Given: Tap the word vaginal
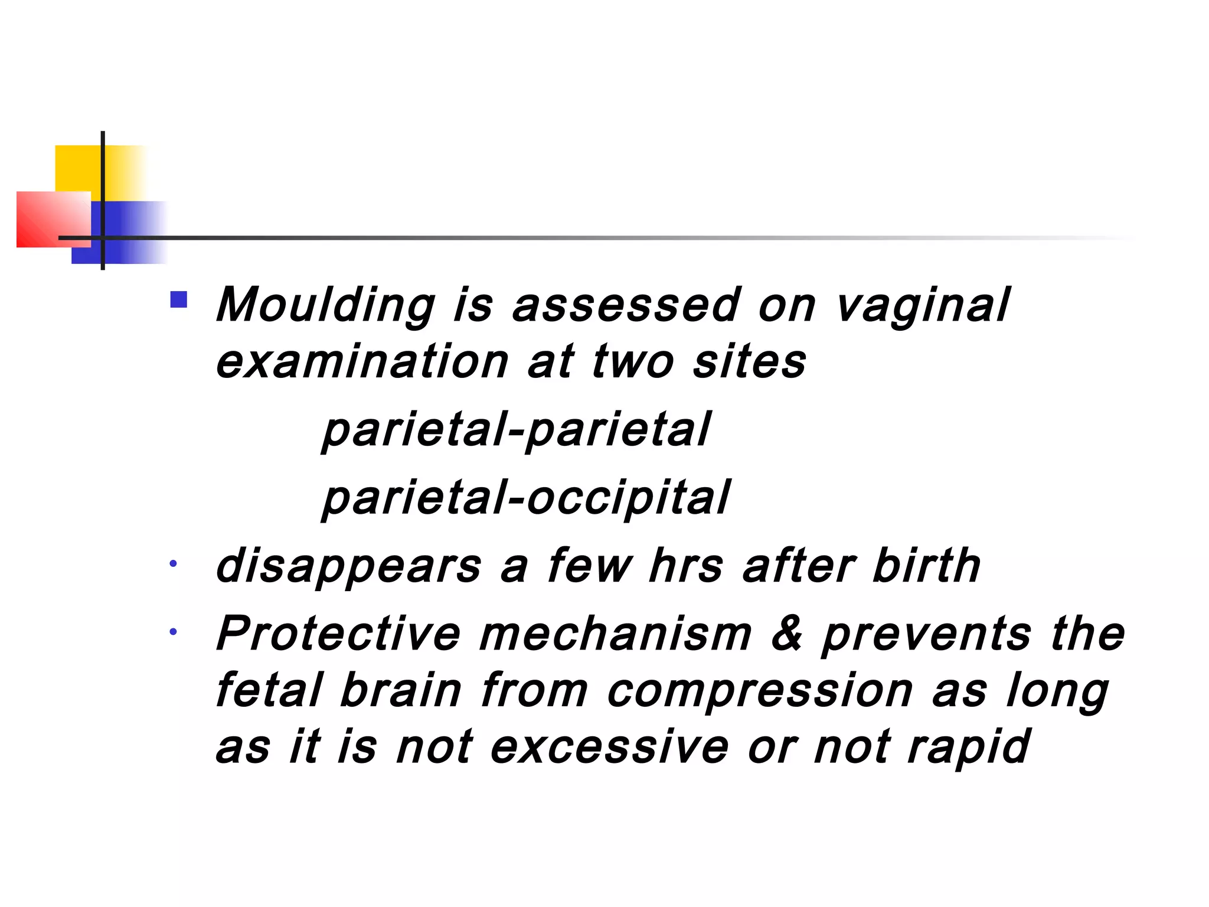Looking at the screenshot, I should click(923, 306).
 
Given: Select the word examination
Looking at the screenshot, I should click(362, 361).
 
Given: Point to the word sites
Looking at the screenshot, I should click(749, 361).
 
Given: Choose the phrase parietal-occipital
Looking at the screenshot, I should click(526, 498).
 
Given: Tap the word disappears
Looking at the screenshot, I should click(348, 566).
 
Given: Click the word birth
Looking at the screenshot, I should click(926, 565).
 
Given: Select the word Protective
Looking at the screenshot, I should click(338, 634).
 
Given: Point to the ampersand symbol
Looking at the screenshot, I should click(787, 633).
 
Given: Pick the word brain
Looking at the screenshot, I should click(401, 690).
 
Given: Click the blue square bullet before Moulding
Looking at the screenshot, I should click(178, 299).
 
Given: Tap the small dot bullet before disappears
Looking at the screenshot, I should click(173, 563).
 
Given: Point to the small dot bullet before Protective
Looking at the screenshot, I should click(173, 632).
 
